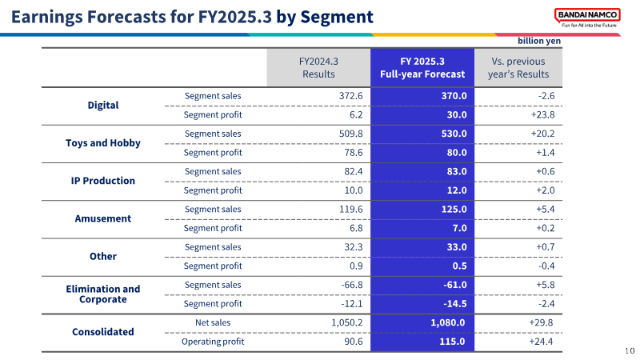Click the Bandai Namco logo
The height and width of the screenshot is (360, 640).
587,18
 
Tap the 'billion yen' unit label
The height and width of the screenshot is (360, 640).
539,41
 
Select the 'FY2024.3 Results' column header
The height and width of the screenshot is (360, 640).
318,68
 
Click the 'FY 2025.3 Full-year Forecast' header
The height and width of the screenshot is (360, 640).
422,68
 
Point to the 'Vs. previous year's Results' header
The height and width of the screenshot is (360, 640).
518,68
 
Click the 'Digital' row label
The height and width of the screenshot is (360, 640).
103,106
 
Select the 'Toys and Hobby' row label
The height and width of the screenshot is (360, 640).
103,143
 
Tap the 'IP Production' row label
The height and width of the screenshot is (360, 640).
103,181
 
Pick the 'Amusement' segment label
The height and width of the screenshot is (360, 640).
103,218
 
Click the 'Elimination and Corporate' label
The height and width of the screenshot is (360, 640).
103,294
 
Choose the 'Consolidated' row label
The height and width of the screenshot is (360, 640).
103,332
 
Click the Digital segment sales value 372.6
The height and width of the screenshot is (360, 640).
350,96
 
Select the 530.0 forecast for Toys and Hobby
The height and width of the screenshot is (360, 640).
454,134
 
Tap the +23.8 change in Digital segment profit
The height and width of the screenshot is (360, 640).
543,114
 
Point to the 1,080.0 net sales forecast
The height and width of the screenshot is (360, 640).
448,323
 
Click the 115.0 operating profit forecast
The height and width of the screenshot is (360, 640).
452,342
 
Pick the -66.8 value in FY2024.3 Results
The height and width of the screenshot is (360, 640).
352,285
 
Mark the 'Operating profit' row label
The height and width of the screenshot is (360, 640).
213,342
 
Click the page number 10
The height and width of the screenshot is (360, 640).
630,350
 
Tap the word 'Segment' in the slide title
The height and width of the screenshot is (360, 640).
337,17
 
